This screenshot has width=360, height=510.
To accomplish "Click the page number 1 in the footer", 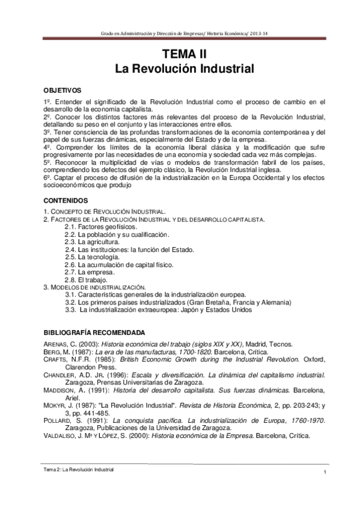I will [x=325, y=478].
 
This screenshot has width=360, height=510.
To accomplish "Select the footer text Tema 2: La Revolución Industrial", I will [x=75, y=468].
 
